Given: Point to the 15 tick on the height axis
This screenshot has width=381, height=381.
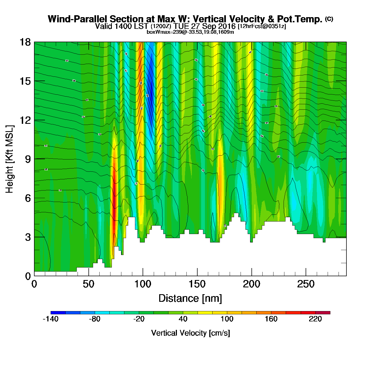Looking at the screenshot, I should tap(25, 81).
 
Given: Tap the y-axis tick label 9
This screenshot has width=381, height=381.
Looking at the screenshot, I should tap(28, 159).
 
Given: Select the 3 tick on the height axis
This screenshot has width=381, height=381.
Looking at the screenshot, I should tap(28, 237).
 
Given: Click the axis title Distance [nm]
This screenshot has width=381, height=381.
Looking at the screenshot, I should tap(190, 298).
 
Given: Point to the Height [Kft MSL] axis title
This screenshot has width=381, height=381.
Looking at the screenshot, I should tap(10, 159).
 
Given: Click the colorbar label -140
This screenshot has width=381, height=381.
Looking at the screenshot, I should tap(51, 319).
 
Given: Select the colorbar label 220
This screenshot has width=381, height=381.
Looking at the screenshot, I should tap(315, 319).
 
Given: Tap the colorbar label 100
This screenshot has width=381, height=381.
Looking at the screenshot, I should tap(227, 319).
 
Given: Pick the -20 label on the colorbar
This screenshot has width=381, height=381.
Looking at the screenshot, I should tap(139, 319).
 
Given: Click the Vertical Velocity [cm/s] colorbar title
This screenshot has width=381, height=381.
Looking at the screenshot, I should tap(190, 333).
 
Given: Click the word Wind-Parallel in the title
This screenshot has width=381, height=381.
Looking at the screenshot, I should tap(78, 19).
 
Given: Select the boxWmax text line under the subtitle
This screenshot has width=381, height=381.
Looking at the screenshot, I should tap(190, 32).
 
